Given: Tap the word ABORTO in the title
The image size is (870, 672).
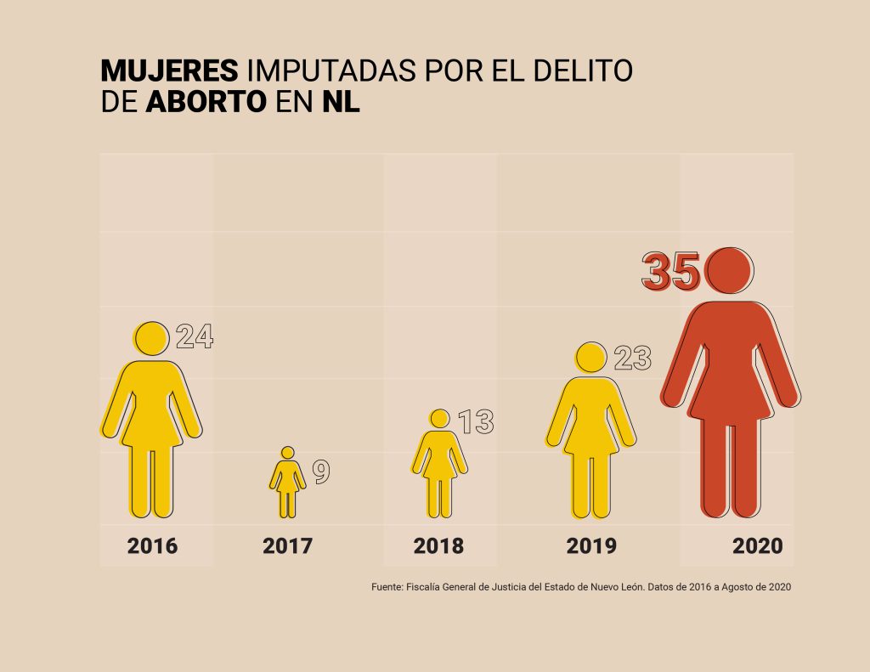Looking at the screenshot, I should [x=206, y=102].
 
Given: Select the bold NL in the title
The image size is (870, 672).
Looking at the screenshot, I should [x=341, y=102].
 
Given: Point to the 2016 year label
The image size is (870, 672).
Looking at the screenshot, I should [x=153, y=545].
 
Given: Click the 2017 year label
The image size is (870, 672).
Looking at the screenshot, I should [x=287, y=545].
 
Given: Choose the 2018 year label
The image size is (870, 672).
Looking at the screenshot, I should [x=438, y=545].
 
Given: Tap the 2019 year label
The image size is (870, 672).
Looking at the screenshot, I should [x=591, y=545].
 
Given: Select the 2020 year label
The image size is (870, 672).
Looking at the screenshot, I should [x=757, y=545].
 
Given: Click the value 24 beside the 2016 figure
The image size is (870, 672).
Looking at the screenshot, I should [x=195, y=337].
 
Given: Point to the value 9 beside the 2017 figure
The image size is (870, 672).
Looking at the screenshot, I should [x=321, y=472].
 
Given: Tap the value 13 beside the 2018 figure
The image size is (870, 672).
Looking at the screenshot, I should [x=476, y=421].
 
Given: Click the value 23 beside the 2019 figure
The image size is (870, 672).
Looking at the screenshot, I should [x=631, y=358].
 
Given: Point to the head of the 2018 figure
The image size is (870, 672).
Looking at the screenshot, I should [x=439, y=419].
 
